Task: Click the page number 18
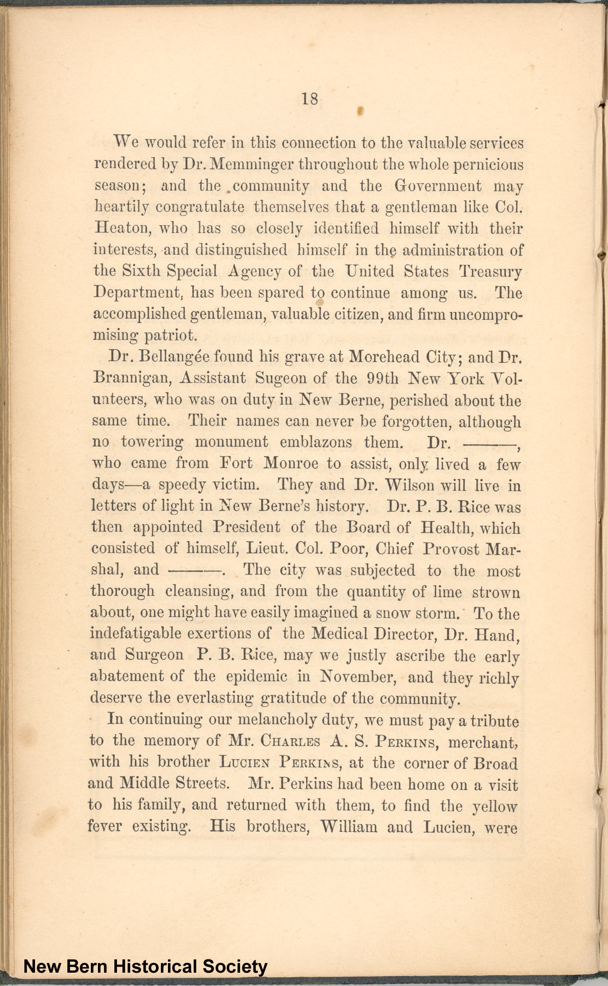pyautogui.click(x=310, y=98)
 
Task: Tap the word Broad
pyautogui.click(x=495, y=763)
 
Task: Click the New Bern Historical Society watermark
pyautogui.click(x=145, y=966)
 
